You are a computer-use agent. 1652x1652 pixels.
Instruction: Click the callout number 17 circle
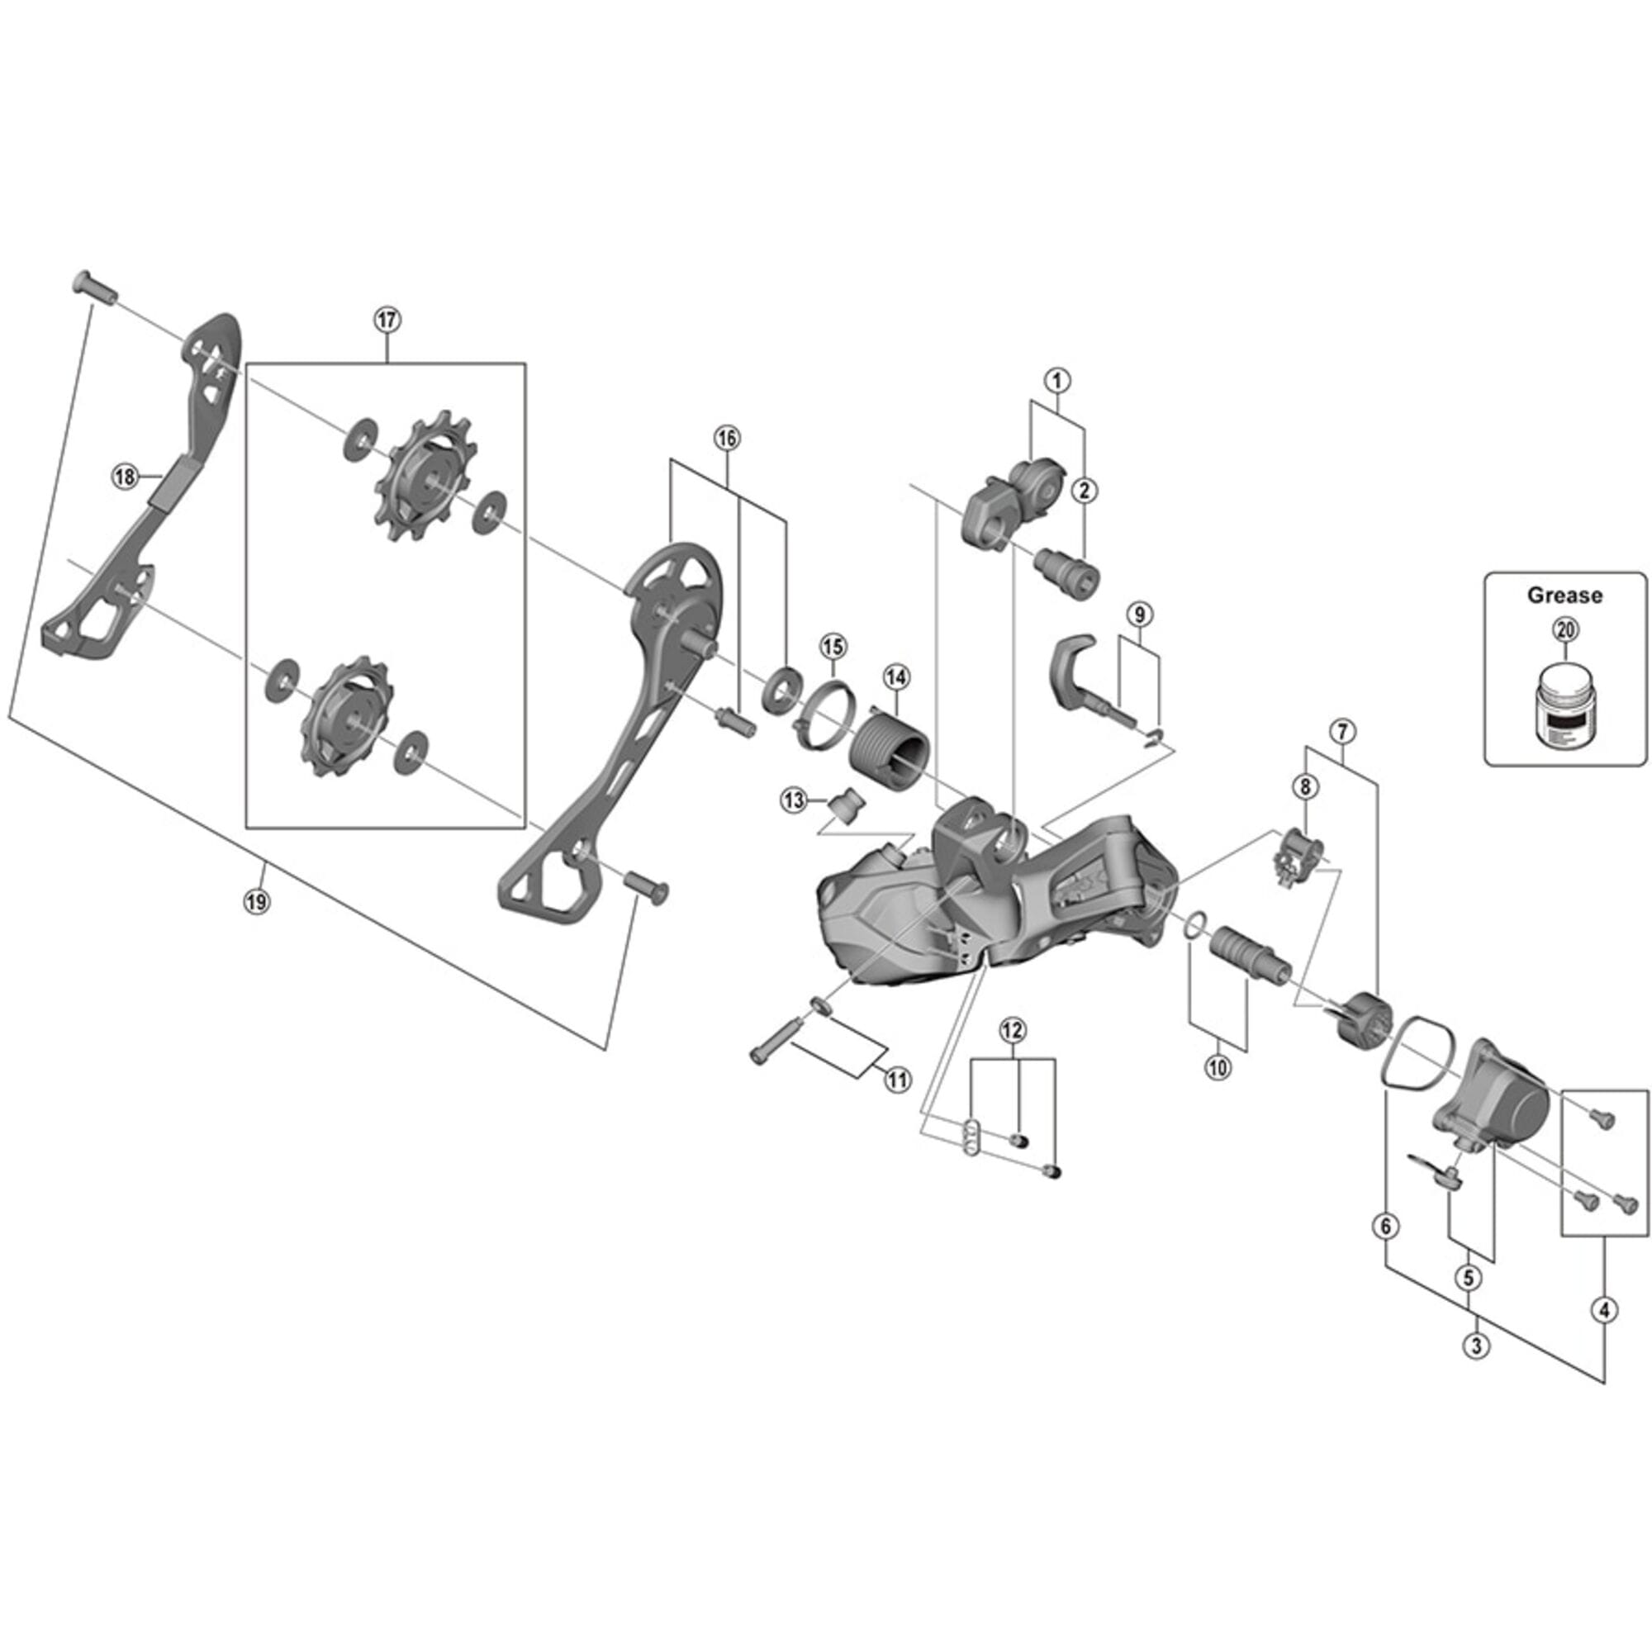pyautogui.click(x=387, y=320)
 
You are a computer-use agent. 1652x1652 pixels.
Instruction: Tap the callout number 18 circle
pyautogui.click(x=126, y=477)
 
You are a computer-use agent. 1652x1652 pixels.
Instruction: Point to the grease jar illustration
pyautogui.click(x=1564, y=704)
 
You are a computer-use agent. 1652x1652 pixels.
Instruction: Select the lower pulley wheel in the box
pyautogui.click(x=344, y=715)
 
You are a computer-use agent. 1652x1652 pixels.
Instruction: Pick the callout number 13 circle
pyautogui.click(x=794, y=800)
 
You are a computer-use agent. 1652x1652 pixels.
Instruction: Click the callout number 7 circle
pyautogui.click(x=1341, y=731)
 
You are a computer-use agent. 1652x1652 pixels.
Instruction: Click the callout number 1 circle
pyautogui.click(x=1057, y=380)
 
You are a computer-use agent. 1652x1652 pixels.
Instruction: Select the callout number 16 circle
pyautogui.click(x=726, y=438)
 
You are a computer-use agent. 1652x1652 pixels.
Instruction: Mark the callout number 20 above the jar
pyautogui.click(x=1564, y=631)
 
